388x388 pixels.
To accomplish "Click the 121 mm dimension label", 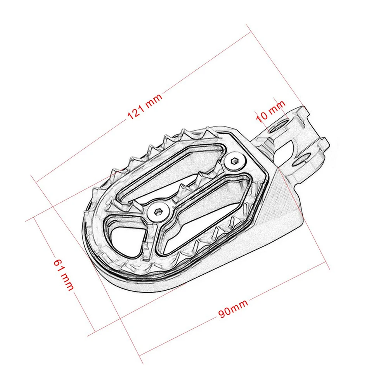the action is click(145, 107).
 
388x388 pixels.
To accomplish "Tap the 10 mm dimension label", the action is click(270, 112).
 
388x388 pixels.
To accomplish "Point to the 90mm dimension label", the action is click(233, 308).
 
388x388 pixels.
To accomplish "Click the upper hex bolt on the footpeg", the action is click(234, 161).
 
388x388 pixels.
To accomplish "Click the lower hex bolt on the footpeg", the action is click(158, 211).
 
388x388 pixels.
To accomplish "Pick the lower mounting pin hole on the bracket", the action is click(301, 159).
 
